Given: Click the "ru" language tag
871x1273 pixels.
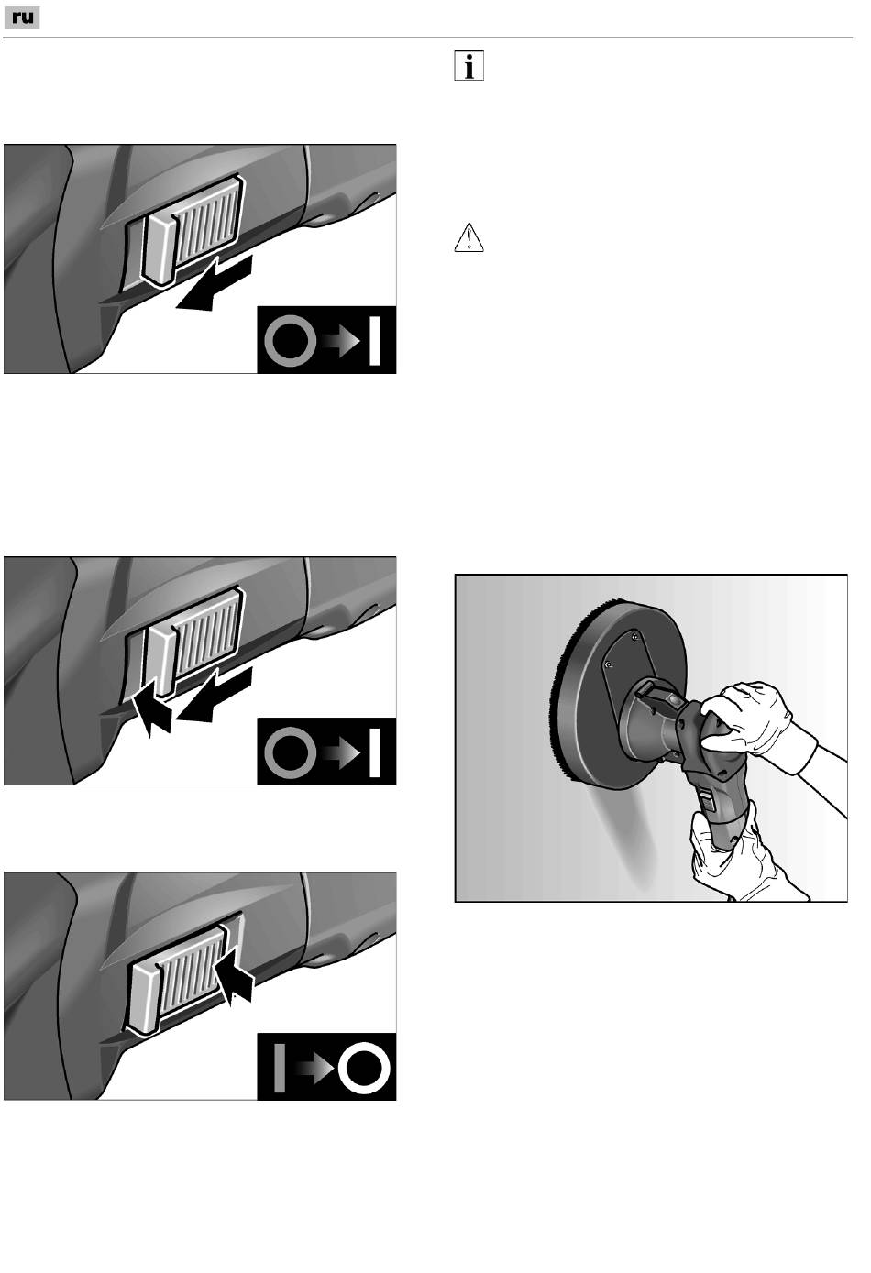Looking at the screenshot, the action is (x=22, y=18).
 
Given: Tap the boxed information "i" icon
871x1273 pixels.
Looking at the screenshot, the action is (x=469, y=66).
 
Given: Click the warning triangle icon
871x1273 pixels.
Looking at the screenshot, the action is (x=469, y=238).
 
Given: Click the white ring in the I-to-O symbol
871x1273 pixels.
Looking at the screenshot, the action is (x=364, y=1068).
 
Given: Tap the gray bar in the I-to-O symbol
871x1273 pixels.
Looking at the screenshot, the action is (x=280, y=1068).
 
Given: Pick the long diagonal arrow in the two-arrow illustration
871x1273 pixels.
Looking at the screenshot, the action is (x=214, y=697).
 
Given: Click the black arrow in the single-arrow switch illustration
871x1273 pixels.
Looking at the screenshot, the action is (x=214, y=285).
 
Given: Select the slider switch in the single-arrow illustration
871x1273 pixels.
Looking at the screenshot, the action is (x=193, y=229).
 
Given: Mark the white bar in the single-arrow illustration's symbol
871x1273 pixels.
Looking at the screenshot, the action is (x=375, y=340).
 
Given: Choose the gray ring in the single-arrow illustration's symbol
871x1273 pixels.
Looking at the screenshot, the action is (x=291, y=340).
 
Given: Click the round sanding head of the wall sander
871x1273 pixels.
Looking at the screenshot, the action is (x=620, y=694).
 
